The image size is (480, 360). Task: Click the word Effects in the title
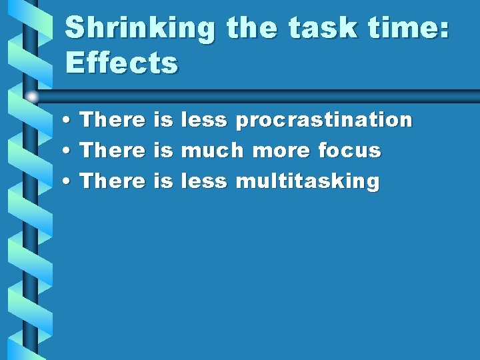pos(122,64)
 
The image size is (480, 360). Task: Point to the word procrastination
pos(324,121)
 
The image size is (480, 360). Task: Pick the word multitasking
pos(307,181)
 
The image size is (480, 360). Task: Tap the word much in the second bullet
pos(212,151)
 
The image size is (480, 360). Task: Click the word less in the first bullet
pos(204,120)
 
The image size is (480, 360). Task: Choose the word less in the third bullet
pos(204,181)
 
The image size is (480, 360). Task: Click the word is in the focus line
pos(163,151)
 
